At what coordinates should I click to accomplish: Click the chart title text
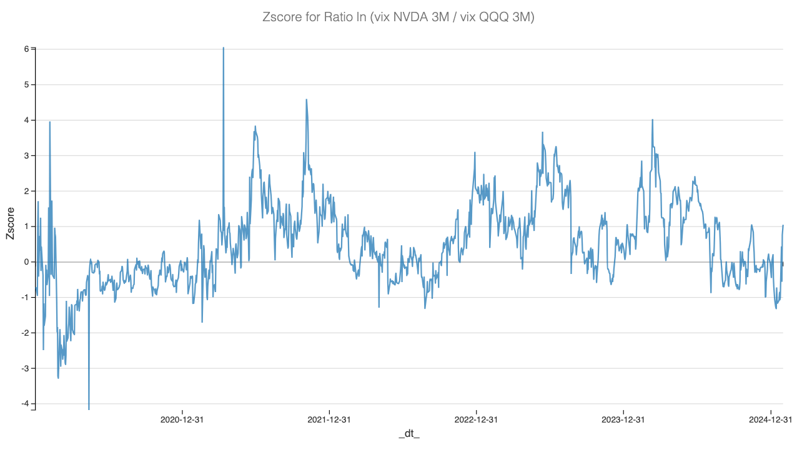pos(398,18)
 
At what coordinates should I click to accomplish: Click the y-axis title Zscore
pos(11,226)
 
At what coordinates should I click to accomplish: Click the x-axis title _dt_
pos(409,434)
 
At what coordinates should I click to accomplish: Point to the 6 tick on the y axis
pos(26,49)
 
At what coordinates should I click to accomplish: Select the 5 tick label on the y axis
pos(26,84)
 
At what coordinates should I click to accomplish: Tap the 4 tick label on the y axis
pos(26,120)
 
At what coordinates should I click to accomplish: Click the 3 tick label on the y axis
pos(26,155)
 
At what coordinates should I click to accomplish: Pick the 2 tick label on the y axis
pos(26,191)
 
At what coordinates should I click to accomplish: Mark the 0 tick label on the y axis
pos(26,262)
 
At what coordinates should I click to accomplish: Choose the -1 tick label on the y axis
pos(25,298)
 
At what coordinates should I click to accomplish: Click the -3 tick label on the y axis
pos(25,368)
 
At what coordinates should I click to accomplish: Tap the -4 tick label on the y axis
pos(25,404)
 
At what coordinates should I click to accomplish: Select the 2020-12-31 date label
pos(182,419)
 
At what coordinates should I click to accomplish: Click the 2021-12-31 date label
pos(329,419)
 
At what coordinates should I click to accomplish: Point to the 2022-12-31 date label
pos(476,419)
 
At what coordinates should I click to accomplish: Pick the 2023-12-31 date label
pos(623,419)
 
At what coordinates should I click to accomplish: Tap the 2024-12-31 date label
pos(770,419)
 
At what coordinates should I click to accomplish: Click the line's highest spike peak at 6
pos(223,48)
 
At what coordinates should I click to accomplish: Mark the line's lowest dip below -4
pos(89,409)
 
